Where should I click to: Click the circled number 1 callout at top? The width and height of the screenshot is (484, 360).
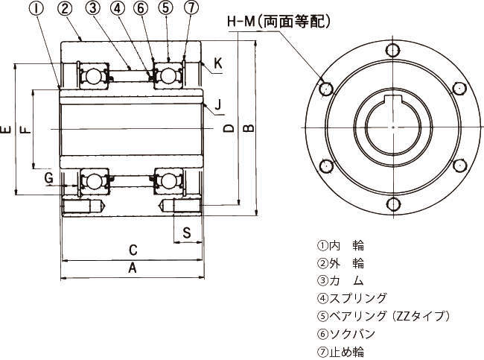37,8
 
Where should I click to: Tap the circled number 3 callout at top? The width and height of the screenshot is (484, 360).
93,8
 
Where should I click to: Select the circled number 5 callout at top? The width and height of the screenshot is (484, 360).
166,8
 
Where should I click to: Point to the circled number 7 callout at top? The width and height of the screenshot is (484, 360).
191,7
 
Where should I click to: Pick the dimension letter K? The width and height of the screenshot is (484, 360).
218,63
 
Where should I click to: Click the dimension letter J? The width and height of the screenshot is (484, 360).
218,104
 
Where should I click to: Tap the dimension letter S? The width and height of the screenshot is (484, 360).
187,233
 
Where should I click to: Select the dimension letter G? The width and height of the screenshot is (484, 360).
48,178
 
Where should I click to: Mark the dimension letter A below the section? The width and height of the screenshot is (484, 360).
133,268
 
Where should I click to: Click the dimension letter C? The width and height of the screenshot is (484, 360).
133,250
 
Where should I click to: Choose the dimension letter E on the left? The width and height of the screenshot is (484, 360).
6,129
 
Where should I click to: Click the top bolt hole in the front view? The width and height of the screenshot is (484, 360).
393,50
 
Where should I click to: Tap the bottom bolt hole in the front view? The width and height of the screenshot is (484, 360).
394,204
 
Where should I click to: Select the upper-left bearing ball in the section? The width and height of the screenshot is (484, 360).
92,76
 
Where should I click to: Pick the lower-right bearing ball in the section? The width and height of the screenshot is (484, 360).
168,181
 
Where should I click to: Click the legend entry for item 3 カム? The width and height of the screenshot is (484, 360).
340,280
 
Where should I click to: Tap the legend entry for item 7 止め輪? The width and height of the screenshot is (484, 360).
340,352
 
